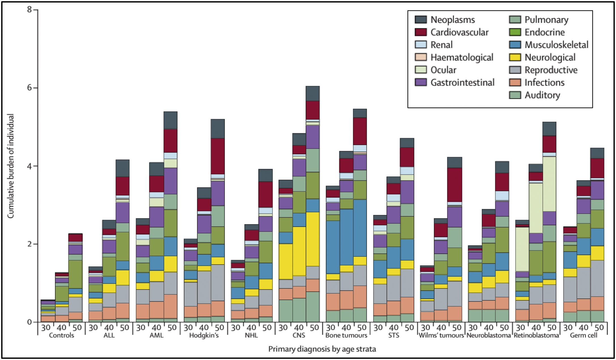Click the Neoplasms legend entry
452,20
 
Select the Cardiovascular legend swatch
421,32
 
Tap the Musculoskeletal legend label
556,45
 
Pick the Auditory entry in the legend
542,95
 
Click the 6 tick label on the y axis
29,88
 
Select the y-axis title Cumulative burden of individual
11,166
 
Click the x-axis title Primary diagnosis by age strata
322,349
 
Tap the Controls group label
61,335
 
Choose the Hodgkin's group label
204,335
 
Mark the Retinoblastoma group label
536,335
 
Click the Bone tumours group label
346,335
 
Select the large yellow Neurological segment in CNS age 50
313,239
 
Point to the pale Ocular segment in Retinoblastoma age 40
536,208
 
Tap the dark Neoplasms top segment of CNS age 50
313,93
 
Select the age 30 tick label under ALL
93,328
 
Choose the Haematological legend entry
462,57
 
